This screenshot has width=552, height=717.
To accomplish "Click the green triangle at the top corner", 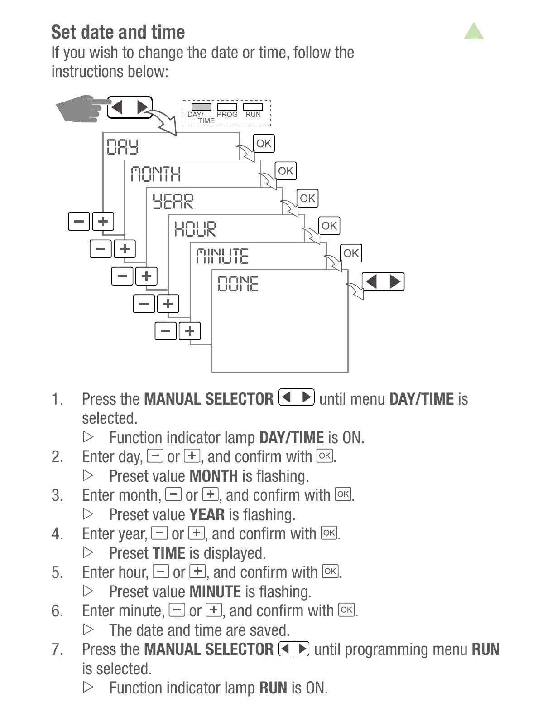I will click(474, 32).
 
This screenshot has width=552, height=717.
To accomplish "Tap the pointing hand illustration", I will click(79, 109).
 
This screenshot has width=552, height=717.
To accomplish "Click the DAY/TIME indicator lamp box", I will click(201, 107).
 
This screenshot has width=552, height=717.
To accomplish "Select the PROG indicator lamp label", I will click(227, 115).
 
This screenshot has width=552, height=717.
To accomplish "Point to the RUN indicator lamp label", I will click(253, 115).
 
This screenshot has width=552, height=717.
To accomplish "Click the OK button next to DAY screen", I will click(264, 144).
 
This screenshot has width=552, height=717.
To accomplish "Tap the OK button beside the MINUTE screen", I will click(351, 253).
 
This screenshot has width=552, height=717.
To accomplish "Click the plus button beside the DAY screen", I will click(103, 222).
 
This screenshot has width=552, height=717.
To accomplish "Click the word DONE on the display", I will click(238, 284).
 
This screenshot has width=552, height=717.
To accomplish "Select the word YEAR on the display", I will click(173, 202).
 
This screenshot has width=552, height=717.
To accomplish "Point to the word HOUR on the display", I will click(195, 229).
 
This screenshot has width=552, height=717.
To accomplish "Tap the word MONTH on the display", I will click(156, 174).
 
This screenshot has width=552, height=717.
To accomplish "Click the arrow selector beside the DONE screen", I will click(383, 281).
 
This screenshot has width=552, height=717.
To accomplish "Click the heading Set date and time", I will click(118, 32).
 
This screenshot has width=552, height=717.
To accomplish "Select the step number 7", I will click(57, 649).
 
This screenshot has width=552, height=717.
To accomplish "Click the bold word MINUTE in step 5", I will click(215, 592).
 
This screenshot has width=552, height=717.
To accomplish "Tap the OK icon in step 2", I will click(325, 455).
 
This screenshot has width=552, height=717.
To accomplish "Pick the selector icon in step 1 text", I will click(297, 397).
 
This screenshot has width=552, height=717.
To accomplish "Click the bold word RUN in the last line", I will click(273, 688).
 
